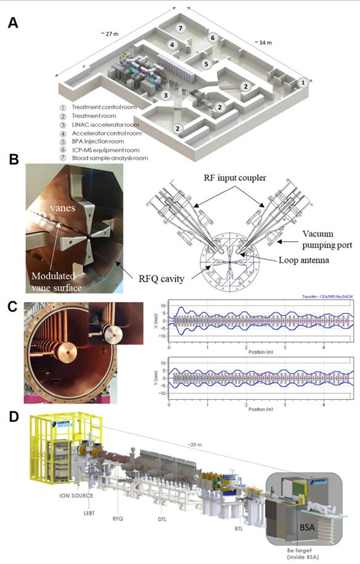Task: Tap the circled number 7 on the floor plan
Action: click(180, 29)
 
